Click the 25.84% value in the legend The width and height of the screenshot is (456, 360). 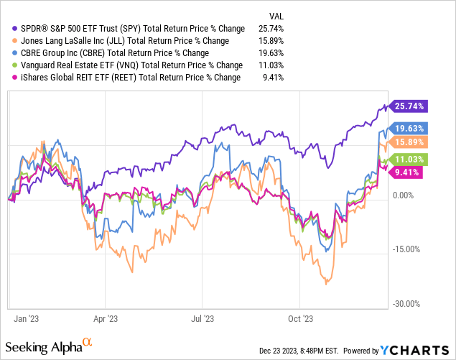pyautogui.click(x=271, y=27)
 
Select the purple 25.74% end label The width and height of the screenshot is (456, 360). pyautogui.click(x=410, y=106)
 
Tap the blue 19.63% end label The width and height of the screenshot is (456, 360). pyautogui.click(x=410, y=127)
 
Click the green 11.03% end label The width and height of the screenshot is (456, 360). pyautogui.click(x=410, y=159)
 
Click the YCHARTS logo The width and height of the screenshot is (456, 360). pyautogui.click(x=411, y=350)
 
